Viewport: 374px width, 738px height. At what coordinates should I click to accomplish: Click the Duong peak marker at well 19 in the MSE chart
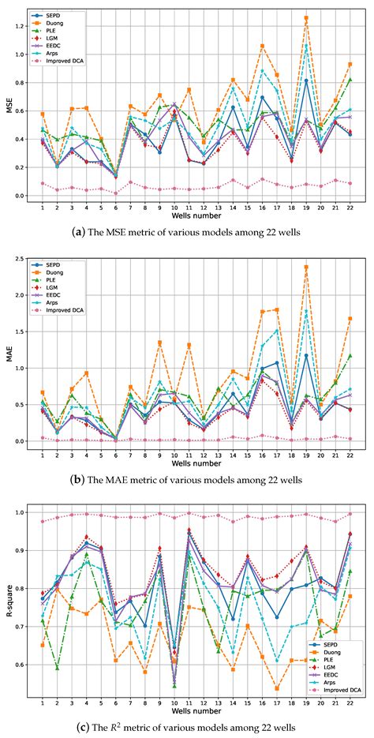305,17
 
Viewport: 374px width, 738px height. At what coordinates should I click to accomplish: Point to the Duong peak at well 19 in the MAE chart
305,267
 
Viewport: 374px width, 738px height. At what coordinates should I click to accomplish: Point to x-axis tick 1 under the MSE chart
43,208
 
